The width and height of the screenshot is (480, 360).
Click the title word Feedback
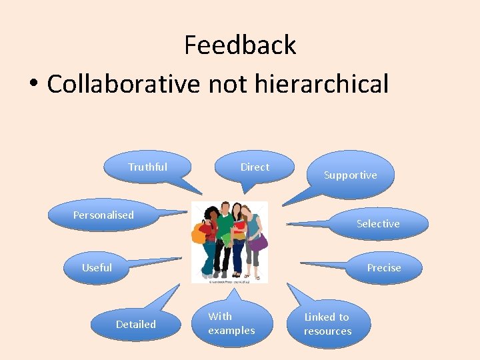(240, 45)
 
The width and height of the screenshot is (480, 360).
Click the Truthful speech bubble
(147, 167)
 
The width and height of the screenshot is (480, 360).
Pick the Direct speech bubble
(254, 167)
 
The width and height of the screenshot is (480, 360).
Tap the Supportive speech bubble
(350, 175)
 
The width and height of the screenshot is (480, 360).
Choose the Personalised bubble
(103, 215)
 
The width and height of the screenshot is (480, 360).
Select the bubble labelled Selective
(378, 223)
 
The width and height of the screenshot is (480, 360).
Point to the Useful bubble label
(97, 267)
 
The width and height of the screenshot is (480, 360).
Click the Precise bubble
(384, 267)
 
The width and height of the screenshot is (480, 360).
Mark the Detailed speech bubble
(136, 324)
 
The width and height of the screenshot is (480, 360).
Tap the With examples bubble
(231, 323)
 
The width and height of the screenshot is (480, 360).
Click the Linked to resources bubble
(327, 324)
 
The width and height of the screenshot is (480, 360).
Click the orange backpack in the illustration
(199, 233)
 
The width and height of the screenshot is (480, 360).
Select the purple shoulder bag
(257, 241)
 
